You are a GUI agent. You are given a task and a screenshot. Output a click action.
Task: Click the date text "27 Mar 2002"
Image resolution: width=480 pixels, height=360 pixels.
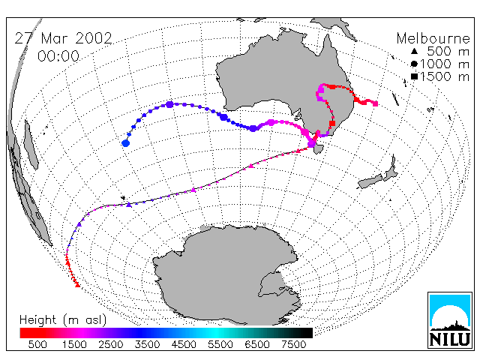tap(63, 38)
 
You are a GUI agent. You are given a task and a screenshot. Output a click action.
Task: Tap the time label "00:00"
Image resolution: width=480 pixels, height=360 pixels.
tap(58, 56)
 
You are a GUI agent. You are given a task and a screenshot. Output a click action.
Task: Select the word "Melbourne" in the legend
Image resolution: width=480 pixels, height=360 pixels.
tap(433, 38)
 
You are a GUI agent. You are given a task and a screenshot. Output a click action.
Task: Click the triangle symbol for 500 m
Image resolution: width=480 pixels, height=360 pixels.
tap(414, 51)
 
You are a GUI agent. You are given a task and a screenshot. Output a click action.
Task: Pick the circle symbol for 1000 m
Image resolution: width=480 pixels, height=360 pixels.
tap(414, 64)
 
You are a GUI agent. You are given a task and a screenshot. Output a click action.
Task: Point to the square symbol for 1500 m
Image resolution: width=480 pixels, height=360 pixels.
tap(414, 76)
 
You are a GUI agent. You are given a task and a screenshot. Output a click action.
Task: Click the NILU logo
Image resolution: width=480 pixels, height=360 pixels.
tap(450, 320)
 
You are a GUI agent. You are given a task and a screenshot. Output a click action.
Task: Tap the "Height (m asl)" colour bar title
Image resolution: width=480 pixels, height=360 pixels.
tap(63, 320)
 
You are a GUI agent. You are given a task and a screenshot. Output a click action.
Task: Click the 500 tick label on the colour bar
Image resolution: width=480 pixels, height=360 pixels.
tap(37, 344)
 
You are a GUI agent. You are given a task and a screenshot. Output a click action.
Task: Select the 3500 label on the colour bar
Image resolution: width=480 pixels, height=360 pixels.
tap(147, 344)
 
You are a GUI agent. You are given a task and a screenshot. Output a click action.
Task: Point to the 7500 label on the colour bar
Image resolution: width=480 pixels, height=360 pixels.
tap(293, 344)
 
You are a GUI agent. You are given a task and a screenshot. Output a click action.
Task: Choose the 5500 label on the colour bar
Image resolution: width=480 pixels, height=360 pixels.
tap(220, 344)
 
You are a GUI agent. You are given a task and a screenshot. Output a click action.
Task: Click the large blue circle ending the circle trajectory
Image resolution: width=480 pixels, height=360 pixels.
tap(125, 143)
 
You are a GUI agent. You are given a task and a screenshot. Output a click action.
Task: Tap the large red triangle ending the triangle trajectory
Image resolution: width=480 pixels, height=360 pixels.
tap(78, 285)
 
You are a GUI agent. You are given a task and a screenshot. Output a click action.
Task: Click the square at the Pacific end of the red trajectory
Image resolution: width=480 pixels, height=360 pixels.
tap(375, 103)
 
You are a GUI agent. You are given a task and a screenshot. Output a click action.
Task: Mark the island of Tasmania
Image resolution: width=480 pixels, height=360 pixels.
tap(319, 149)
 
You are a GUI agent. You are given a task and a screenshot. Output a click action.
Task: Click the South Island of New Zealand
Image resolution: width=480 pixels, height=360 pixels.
tap(370, 181)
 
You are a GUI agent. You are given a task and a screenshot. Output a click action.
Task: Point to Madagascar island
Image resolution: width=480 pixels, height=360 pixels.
tap(31, 144)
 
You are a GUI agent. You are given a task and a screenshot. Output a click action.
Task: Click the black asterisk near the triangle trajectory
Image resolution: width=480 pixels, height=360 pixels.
tap(123, 198)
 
